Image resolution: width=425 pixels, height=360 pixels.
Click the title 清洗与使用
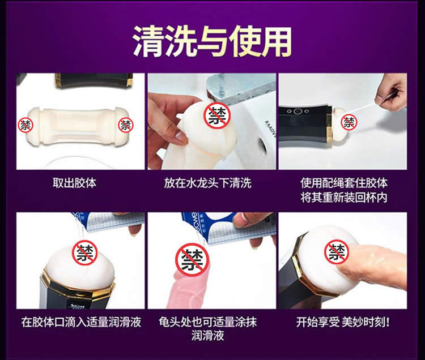(212, 41)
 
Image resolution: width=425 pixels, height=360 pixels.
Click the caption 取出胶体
(75, 183)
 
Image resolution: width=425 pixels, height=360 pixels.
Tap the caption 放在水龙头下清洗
(207, 183)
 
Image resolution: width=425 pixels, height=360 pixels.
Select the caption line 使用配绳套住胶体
(344, 183)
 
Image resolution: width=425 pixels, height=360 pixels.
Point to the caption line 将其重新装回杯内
(344, 198)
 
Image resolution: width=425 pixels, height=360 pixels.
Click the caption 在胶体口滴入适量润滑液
(81, 322)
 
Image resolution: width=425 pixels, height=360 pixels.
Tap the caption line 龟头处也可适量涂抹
(207, 322)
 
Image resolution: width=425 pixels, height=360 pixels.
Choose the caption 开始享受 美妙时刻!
(343, 322)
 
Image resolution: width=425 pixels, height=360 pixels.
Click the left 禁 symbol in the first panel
(25, 125)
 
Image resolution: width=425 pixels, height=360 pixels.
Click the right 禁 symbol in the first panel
(126, 125)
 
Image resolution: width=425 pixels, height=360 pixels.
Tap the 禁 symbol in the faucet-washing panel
(217, 115)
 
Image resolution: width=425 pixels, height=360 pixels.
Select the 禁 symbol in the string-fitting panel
(349, 122)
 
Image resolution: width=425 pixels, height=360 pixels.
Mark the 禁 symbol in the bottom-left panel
(85, 252)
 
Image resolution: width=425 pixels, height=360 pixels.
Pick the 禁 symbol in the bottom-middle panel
(192, 260)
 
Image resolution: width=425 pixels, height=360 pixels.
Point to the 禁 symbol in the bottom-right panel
(337, 252)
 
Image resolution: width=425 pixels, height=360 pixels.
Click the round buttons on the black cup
(298, 112)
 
